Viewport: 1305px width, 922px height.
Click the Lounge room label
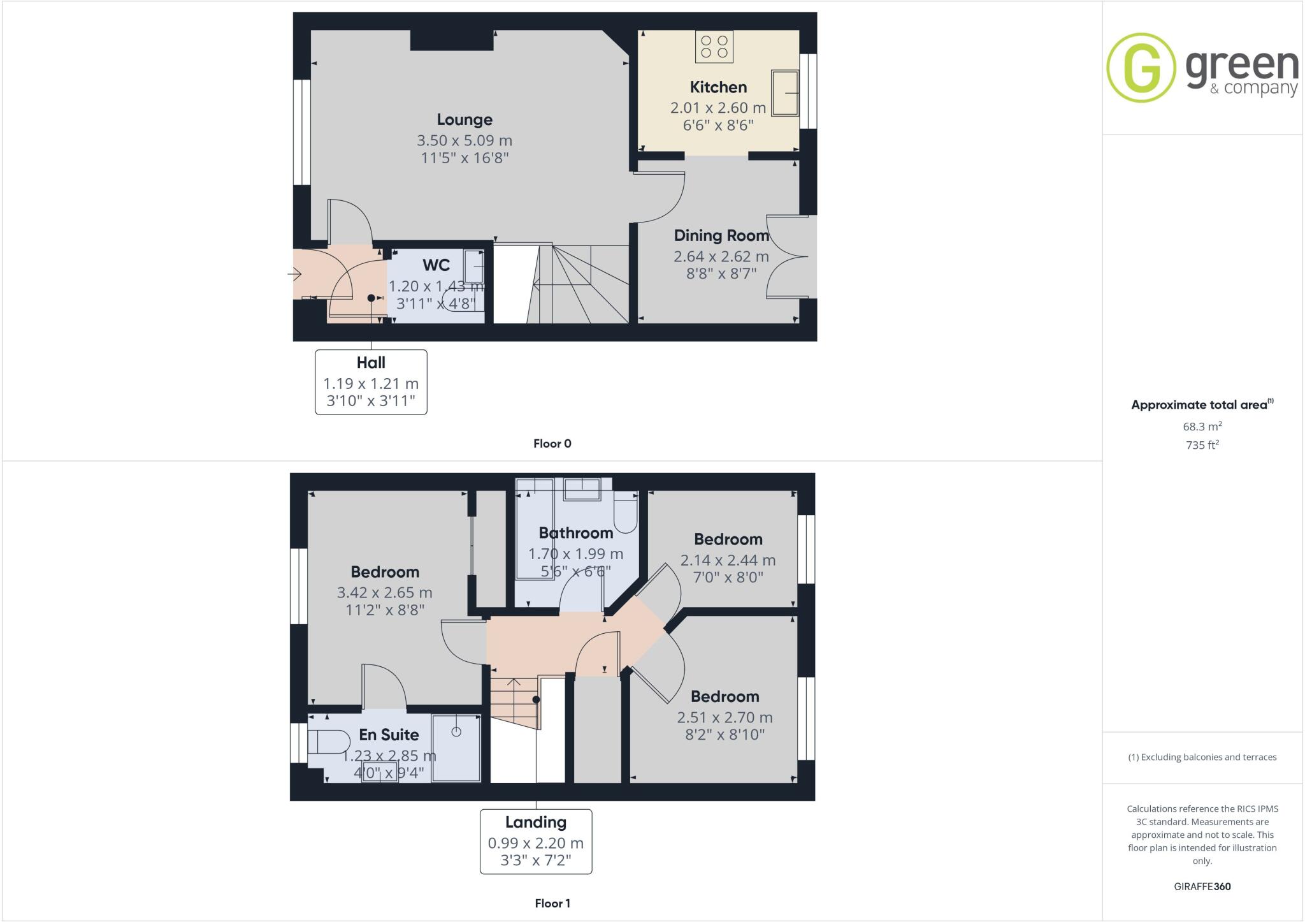point(465,120)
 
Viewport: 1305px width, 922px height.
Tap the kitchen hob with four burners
point(714,47)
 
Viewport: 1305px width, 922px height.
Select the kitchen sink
point(785,93)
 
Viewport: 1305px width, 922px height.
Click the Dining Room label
point(721,236)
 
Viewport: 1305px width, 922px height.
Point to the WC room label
point(436,265)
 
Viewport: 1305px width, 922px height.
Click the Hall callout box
point(371,382)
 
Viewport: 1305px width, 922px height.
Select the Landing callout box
point(535,841)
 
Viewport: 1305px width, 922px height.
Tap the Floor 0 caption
point(552,444)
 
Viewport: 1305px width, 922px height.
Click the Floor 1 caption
point(552,904)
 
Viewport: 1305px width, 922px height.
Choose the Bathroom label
point(575,533)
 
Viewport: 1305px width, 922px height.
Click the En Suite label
point(389,735)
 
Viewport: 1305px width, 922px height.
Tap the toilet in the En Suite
point(329,742)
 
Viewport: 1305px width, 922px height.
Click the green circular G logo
point(1141,68)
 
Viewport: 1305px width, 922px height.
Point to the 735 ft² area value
point(1202,445)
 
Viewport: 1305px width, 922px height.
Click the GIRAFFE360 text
point(1202,886)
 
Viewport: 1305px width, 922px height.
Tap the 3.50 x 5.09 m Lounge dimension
point(465,140)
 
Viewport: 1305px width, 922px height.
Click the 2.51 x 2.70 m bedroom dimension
point(725,717)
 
